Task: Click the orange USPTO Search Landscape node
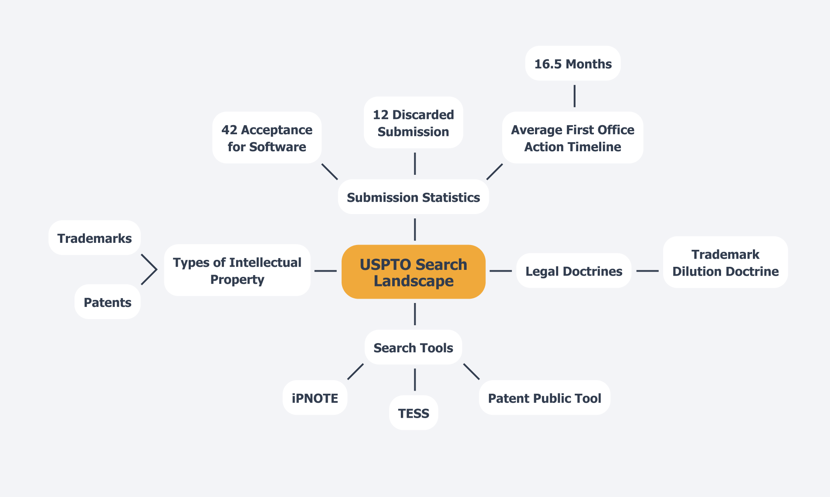point(413,272)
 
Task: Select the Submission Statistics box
point(413,197)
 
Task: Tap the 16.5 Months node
point(573,64)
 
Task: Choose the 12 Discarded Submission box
point(413,123)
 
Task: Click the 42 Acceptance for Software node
point(267,138)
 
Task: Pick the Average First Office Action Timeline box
point(573,138)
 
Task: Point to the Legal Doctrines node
point(573,271)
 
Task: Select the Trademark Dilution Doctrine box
point(725,262)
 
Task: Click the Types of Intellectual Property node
point(237,270)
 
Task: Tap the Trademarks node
point(94,238)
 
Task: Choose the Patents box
point(107,302)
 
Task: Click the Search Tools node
point(413,347)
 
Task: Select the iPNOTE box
point(315,398)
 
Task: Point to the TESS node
point(413,413)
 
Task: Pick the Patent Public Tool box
point(544,398)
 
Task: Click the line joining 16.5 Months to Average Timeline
point(574,96)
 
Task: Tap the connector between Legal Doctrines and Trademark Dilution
point(647,271)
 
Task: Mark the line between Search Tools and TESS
point(414,379)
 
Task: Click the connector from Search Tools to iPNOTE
point(355,371)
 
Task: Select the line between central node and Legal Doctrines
point(501,271)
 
